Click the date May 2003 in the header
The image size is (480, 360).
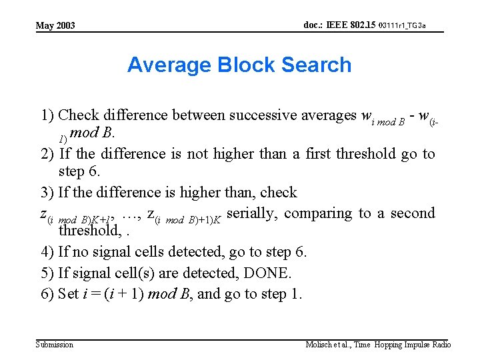point(55,26)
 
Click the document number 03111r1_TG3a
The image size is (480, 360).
point(401,25)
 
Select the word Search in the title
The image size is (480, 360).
point(317,65)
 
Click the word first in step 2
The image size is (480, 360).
point(319,154)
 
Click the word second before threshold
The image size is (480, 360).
point(412,213)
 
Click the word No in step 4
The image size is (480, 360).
point(81,252)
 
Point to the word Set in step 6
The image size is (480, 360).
point(69,295)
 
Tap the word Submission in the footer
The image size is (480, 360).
point(54,345)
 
